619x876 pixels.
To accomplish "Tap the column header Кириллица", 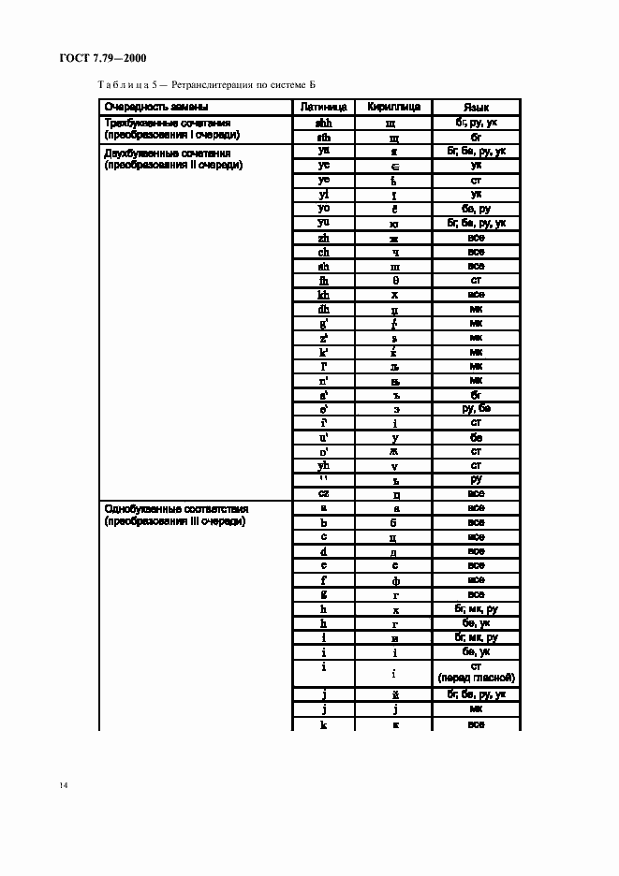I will coord(394,107).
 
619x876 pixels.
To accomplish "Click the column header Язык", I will coord(476,107).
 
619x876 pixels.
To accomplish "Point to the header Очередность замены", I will coord(156,107).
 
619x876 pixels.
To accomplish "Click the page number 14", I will coord(62,784).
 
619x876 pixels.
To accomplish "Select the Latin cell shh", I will coord(324,122).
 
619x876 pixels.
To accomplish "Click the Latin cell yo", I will coord(324,209).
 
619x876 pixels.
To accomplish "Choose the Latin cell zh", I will coord(324,238).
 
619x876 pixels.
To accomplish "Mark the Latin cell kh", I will coord(324,295).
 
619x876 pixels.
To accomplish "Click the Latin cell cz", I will coord(324,493).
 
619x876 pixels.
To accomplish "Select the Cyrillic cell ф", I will coord(394,580).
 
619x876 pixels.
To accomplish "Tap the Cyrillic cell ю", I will coord(394,223).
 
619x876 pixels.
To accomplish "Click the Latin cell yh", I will coord(324,465).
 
